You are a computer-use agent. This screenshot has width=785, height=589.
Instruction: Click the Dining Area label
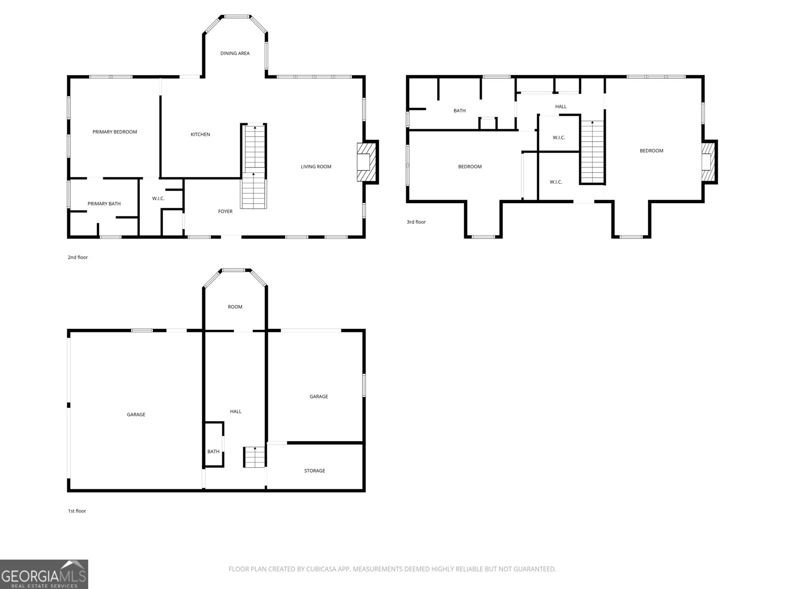pyautogui.click(x=235, y=54)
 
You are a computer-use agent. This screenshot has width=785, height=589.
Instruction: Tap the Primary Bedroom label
pyautogui.click(x=115, y=132)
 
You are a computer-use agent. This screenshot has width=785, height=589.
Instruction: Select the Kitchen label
pyautogui.click(x=200, y=134)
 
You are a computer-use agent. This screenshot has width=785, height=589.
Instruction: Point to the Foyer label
pyautogui.click(x=225, y=212)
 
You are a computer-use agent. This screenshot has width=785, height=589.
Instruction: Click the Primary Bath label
pyautogui.click(x=104, y=204)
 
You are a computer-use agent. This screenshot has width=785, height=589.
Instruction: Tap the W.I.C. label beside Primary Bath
pyautogui.click(x=158, y=198)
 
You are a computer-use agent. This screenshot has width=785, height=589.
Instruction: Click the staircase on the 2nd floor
pyautogui.click(x=254, y=167)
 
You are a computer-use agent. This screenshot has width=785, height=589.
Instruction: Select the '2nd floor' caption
pyautogui.click(x=78, y=257)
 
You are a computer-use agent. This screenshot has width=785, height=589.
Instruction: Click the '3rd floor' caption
pyautogui.click(x=416, y=222)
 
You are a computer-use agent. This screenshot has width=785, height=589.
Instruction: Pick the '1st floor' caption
pyautogui.click(x=77, y=511)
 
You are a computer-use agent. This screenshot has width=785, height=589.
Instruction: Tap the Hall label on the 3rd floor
pyautogui.click(x=561, y=107)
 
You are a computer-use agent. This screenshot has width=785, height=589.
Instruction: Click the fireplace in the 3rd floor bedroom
pyautogui.click(x=708, y=162)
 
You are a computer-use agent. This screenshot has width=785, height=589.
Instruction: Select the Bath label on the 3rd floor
pyautogui.click(x=459, y=111)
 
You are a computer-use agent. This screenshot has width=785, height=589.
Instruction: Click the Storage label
pyautogui.click(x=314, y=471)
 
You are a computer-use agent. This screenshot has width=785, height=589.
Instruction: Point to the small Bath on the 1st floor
pyautogui.click(x=213, y=452)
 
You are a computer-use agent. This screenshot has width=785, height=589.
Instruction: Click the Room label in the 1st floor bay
pyautogui.click(x=235, y=307)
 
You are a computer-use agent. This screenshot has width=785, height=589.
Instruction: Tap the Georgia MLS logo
pyautogui.click(x=44, y=574)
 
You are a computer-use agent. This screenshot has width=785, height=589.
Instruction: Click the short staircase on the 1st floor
pyautogui.click(x=254, y=457)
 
